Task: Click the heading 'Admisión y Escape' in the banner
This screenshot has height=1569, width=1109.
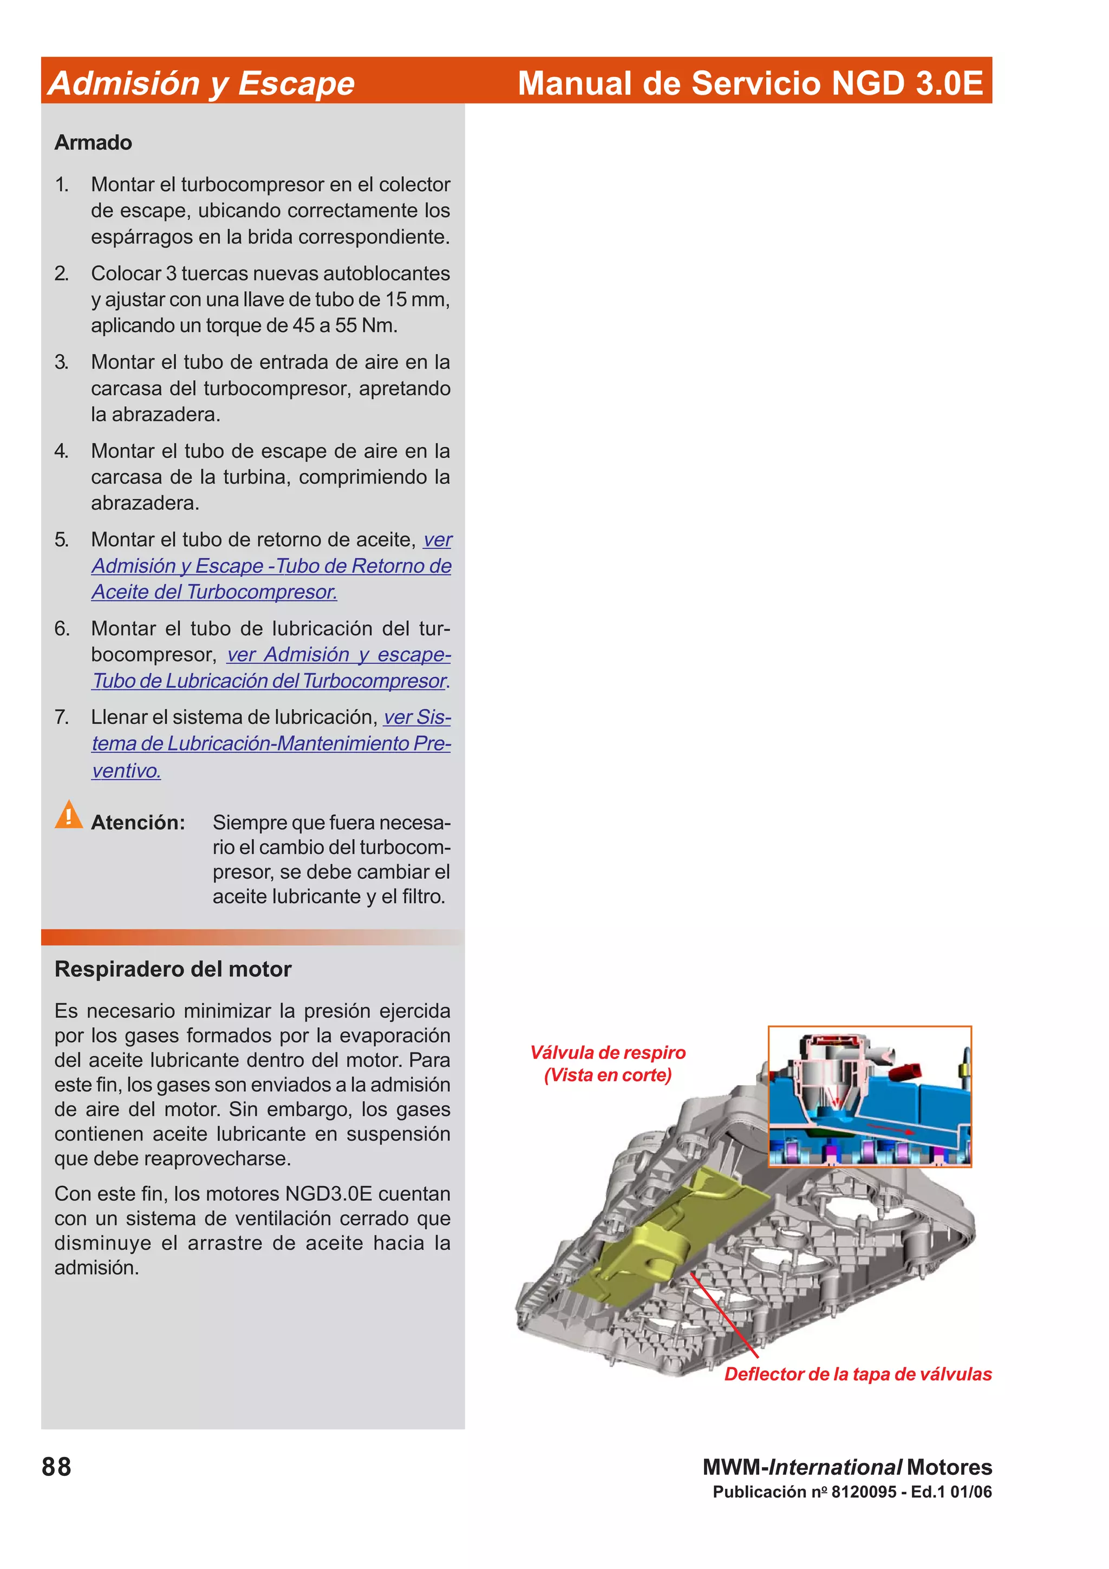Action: [x=201, y=83]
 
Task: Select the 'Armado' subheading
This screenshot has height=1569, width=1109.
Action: [x=93, y=142]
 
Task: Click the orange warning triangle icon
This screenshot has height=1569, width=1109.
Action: [x=68, y=815]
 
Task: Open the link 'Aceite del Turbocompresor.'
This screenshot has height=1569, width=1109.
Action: [x=214, y=592]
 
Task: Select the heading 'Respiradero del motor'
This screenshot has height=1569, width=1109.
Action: [x=173, y=969]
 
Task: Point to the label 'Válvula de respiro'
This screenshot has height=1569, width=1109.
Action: [x=608, y=1052]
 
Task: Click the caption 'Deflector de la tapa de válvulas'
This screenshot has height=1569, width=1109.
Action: [x=858, y=1374]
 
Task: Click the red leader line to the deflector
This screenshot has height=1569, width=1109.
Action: [x=725, y=1316]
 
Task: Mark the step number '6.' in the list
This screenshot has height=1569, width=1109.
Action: [x=62, y=629]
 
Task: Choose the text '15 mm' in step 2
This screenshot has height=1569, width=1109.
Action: [x=415, y=299]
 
